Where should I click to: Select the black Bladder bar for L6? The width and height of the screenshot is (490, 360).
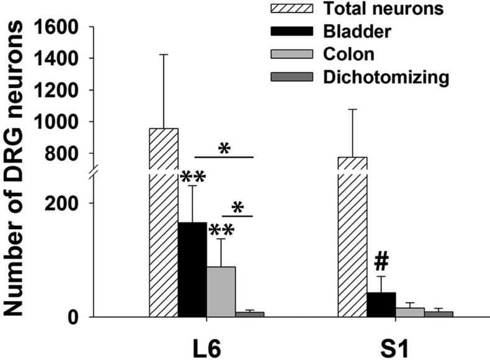coord(192,269)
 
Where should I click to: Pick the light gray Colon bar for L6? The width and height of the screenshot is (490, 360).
coord(221,292)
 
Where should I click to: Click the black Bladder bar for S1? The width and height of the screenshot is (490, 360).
coord(381,305)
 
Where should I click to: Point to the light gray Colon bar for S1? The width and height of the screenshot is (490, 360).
coord(409,312)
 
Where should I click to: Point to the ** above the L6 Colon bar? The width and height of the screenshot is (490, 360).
coord(221,230)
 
